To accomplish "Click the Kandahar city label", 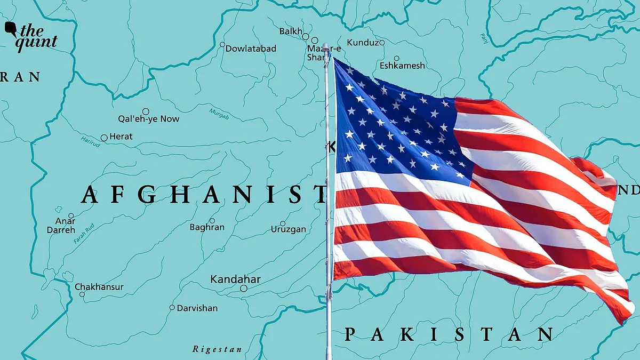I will [x=235, y=279].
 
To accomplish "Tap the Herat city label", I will [x=121, y=137].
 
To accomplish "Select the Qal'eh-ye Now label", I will [x=149, y=119].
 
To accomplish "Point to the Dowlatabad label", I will [x=251, y=49].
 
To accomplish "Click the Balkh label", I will [x=291, y=31].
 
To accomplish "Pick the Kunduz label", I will [x=363, y=43].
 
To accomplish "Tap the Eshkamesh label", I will [x=402, y=66].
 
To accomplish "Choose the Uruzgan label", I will [x=289, y=229].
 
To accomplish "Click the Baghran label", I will [x=207, y=227].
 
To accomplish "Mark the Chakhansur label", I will [x=99, y=287].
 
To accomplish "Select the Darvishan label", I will [x=197, y=308].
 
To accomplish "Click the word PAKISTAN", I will [x=448, y=335].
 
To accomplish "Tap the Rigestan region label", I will [x=217, y=350].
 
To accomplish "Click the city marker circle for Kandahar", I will [x=244, y=289].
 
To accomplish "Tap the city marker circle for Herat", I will [x=104, y=138].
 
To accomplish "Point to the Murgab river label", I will [x=219, y=113].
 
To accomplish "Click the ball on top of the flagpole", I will [x=325, y=46].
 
